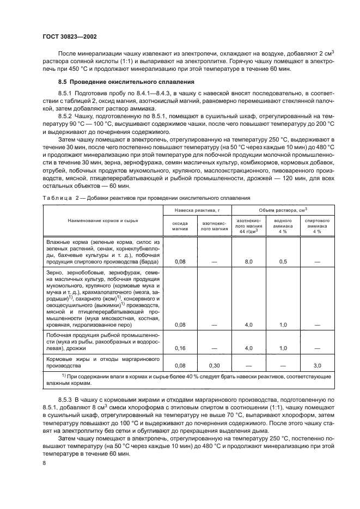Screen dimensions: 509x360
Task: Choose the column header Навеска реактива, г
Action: [198, 210]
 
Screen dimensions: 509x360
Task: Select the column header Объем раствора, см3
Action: [283, 210]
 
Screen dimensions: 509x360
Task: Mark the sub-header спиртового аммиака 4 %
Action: [316, 226]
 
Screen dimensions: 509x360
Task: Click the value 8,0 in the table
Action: [249, 262]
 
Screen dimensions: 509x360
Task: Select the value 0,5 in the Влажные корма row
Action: [283, 262]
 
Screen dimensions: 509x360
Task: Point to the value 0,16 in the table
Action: [181, 347]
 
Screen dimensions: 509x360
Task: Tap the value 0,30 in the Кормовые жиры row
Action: [214, 366]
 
